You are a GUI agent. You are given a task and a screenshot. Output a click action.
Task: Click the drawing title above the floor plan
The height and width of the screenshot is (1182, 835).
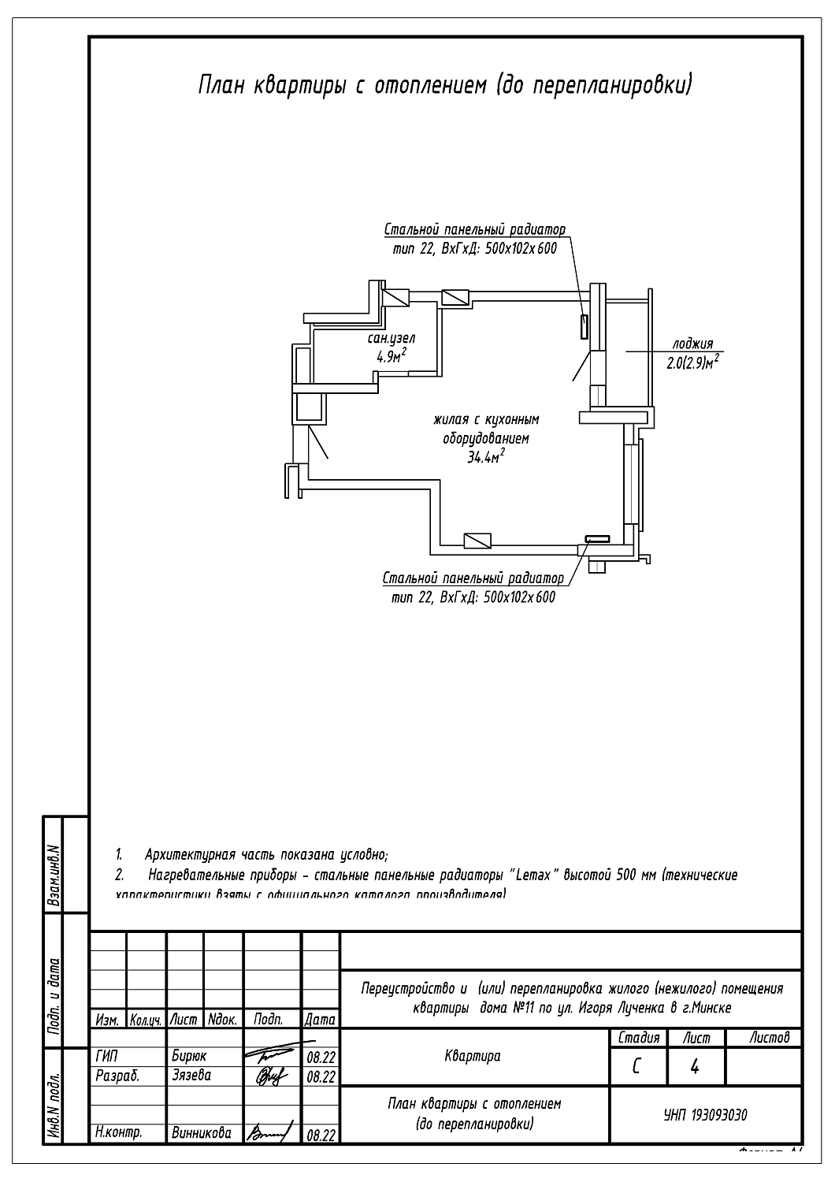pos(444,84)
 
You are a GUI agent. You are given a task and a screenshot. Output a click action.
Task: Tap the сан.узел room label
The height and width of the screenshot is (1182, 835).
pos(392,339)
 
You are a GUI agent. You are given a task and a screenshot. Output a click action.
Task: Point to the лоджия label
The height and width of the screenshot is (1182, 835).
pos(692,344)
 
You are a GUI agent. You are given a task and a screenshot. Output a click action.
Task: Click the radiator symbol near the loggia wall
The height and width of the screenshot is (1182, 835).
pos(584,325)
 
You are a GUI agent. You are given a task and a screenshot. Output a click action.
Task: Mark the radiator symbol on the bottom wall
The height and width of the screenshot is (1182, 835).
pos(596,539)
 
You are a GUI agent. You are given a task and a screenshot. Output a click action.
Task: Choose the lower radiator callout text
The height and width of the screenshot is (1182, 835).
pos(473,588)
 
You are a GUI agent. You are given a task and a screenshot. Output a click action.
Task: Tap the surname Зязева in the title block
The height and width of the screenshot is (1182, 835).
pos(191,1075)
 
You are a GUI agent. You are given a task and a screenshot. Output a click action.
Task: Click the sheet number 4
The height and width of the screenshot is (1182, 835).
pos(695,1067)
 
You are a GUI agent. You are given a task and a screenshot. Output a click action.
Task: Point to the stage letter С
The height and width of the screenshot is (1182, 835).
pos(636,1067)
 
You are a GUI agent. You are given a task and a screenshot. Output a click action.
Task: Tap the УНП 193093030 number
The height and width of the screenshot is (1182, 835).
pos(705,1115)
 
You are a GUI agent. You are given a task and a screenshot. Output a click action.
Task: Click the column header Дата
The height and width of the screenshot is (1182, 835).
pos(320,1020)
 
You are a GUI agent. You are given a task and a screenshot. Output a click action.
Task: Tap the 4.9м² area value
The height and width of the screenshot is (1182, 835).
pos(392,356)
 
